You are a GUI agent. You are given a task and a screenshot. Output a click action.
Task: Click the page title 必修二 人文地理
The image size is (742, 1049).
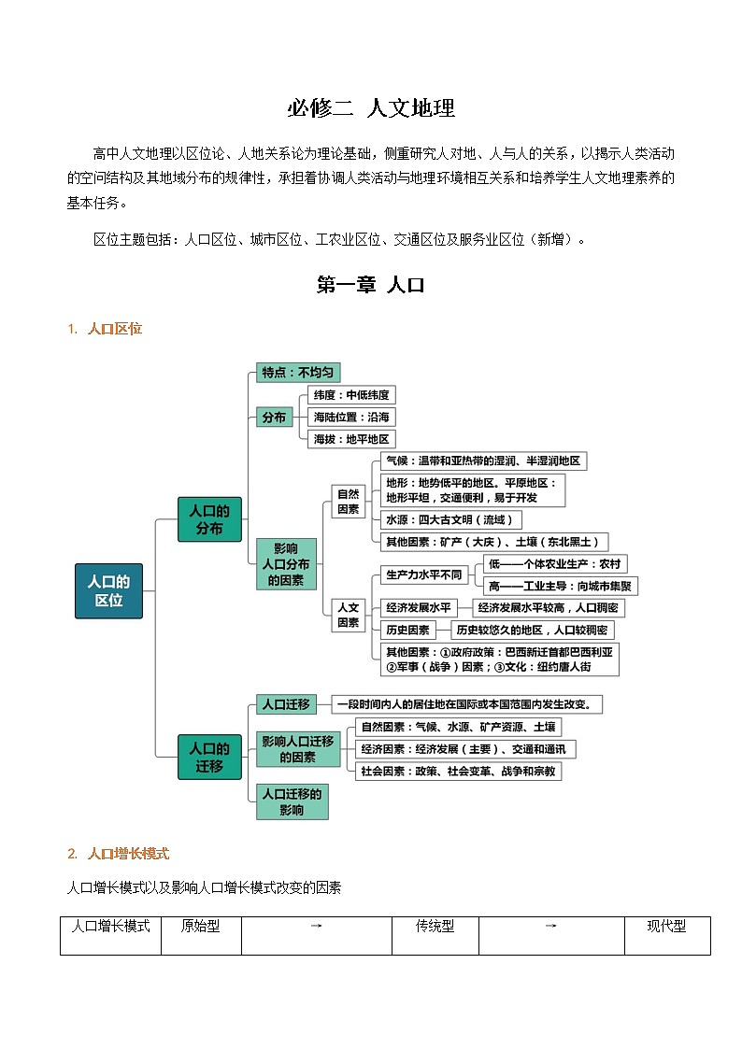tap(371, 108)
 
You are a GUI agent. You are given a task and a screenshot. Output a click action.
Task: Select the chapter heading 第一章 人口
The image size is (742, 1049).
tap(371, 286)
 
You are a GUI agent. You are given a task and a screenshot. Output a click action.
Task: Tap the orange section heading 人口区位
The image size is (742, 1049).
tap(114, 329)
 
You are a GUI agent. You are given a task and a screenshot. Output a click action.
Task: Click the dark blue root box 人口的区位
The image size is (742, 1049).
tap(108, 590)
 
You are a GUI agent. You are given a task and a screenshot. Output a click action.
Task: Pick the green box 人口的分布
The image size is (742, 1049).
tap(209, 519)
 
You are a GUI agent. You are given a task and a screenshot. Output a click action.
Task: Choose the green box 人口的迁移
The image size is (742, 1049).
tap(209, 757)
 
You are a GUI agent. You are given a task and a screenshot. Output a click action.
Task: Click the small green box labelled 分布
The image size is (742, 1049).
tap(274, 418)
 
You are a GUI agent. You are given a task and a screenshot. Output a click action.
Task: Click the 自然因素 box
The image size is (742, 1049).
tap(348, 501)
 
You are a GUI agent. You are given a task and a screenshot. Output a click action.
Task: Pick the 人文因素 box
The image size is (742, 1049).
tap(348, 614)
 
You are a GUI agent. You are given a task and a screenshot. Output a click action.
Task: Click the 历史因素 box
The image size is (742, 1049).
tap(408, 631)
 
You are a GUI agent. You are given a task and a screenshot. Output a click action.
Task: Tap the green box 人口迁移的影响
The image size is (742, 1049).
tap(292, 801)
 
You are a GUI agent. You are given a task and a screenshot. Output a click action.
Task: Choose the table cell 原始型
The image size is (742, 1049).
tap(200, 927)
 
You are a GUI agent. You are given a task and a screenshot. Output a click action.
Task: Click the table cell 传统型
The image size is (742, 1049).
tap(435, 927)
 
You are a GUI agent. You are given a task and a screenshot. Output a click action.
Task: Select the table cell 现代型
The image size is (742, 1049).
tap(666, 927)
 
